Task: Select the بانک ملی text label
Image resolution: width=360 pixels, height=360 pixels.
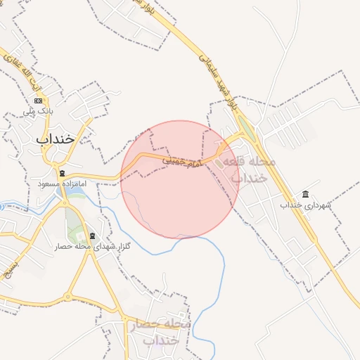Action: [x=39, y=112]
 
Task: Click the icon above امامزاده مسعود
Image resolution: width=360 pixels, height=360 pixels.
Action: [x=62, y=173]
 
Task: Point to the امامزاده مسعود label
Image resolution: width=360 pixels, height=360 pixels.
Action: [x=62, y=184]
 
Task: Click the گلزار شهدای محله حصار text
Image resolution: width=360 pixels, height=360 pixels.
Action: [x=88, y=247]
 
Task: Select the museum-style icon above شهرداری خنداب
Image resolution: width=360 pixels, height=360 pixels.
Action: [x=304, y=194]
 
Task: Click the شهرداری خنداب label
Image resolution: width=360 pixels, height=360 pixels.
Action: [x=304, y=205]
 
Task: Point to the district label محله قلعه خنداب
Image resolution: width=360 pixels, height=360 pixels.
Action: [x=249, y=169]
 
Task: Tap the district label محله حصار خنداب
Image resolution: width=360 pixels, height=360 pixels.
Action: [x=161, y=331]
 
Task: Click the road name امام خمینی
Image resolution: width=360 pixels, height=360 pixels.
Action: [x=181, y=161]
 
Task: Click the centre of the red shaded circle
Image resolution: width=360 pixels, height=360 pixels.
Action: [x=181, y=179]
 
